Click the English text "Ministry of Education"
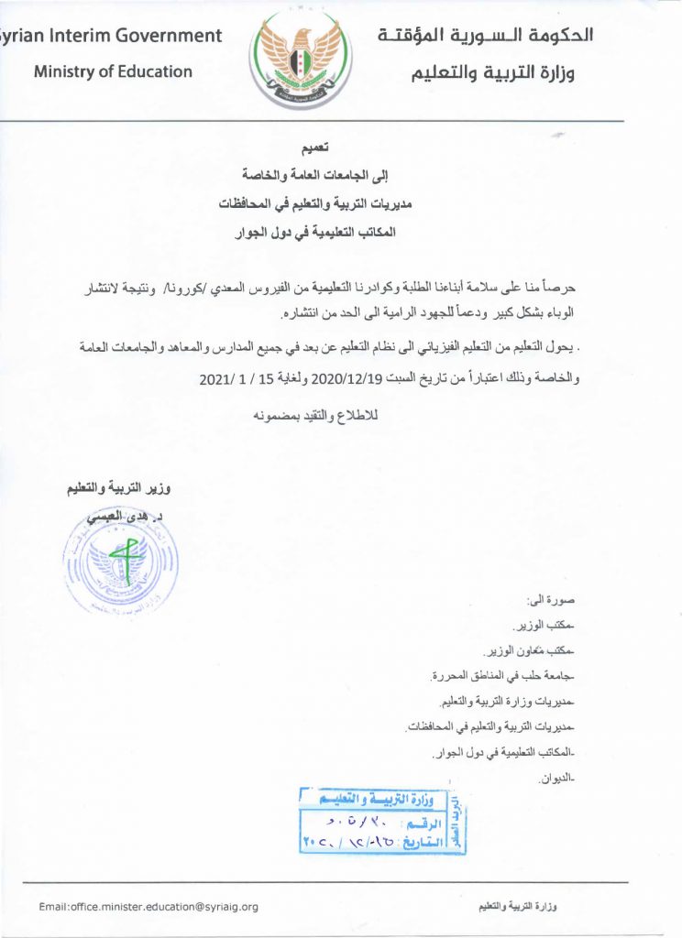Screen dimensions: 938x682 (113, 71)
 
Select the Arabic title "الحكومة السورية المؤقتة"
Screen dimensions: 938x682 (486, 37)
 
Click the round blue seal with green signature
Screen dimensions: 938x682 (120, 562)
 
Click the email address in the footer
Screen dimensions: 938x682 (148, 907)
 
